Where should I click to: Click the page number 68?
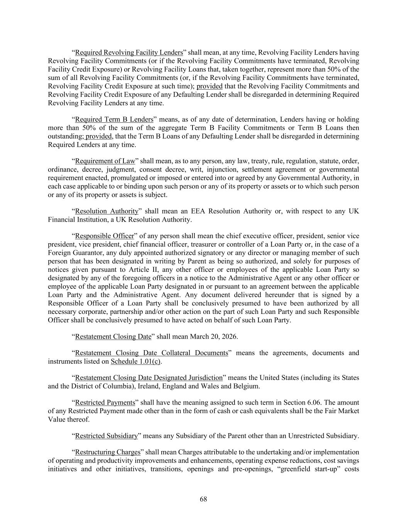[203, 499]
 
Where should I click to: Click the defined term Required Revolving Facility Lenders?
[129, 53]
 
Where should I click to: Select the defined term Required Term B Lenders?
[114, 119]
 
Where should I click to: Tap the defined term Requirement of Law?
[105, 161]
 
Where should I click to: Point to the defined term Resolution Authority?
[106, 211]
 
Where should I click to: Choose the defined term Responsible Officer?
[104, 236]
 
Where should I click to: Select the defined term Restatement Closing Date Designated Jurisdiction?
[149, 378]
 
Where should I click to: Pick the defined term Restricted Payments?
[105, 402]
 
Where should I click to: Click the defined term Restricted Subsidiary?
[106, 436]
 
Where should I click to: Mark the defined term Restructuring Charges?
[107, 452]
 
